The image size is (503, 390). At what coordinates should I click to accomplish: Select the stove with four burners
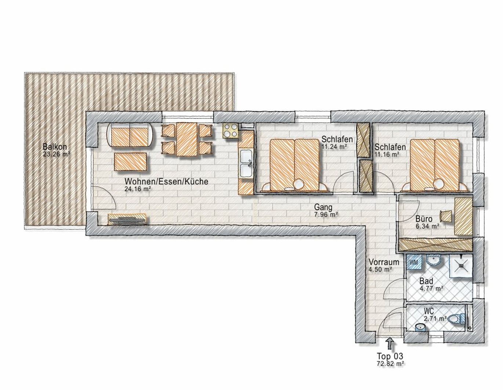point(231,131)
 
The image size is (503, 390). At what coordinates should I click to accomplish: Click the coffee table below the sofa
point(131,162)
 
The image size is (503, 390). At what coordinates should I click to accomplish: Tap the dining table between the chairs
point(187,139)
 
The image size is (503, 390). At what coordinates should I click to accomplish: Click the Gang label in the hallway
point(323,208)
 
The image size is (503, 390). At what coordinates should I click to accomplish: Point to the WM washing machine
point(414,262)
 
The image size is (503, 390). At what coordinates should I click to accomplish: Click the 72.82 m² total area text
point(390,364)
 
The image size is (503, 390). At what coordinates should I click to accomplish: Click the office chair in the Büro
point(446,216)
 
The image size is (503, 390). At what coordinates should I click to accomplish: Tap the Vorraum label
point(384,262)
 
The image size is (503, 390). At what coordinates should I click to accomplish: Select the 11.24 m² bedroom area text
point(334,146)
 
